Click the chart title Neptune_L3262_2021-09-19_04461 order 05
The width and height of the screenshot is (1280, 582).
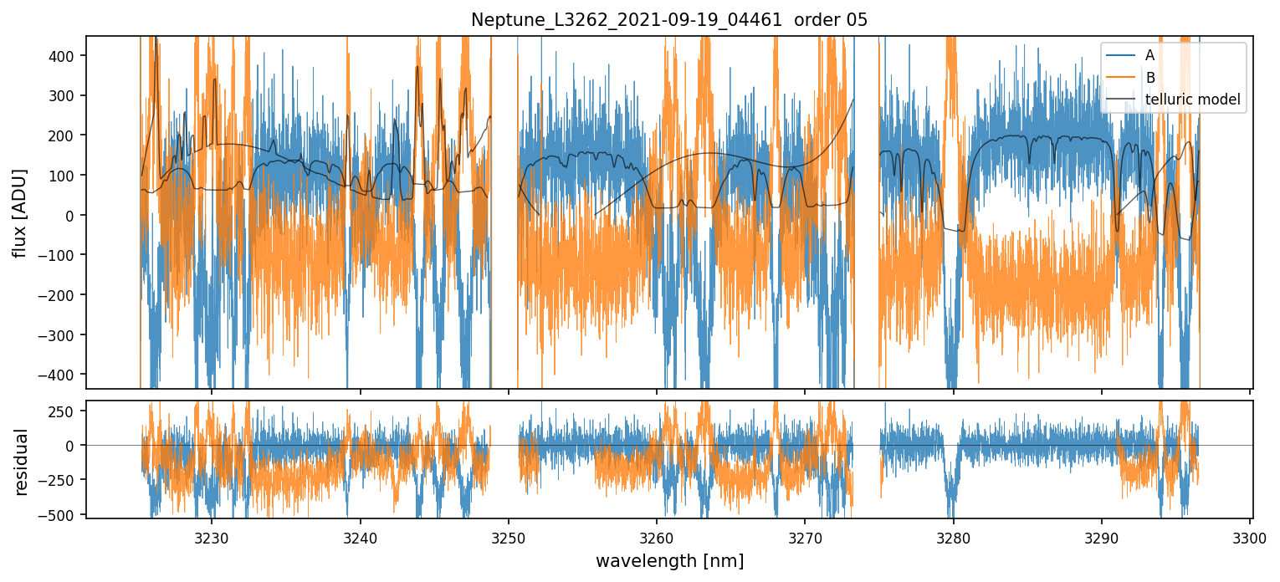pos(669,20)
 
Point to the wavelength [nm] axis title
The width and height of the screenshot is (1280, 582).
pos(669,561)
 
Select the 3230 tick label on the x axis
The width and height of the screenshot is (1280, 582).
pos(212,537)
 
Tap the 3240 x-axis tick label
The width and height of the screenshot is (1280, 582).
pos(361,537)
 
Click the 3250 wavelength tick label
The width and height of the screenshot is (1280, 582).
pos(509,537)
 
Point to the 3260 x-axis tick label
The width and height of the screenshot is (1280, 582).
pos(657,537)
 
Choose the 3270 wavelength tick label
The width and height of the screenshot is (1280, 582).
pos(805,537)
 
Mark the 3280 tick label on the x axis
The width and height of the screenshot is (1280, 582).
pos(954,537)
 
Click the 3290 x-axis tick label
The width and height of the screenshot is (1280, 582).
pos(1102,537)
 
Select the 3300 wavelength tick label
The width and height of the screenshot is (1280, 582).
pos(1250,537)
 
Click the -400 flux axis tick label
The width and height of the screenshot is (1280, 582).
pos(65,375)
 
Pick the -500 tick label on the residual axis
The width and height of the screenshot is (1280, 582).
pos(65,514)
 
